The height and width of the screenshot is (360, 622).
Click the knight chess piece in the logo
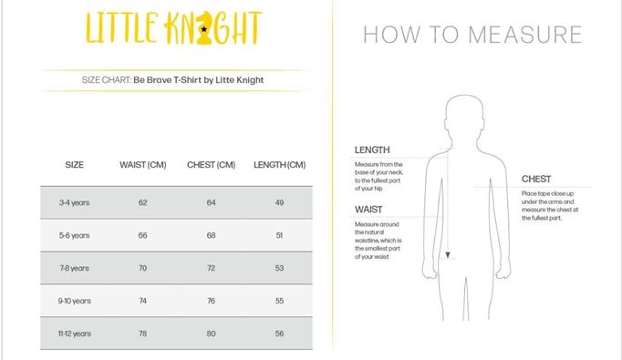coord(204,27)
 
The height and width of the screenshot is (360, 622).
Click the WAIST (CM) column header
coord(143,165)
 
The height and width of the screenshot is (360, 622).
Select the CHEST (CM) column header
coord(211,165)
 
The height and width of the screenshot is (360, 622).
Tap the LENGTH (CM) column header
coord(280,165)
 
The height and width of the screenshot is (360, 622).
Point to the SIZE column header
coord(74,165)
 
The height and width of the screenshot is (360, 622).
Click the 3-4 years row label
coord(74,202)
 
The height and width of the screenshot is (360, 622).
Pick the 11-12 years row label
coord(74,334)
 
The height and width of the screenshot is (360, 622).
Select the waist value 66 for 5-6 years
coord(143,235)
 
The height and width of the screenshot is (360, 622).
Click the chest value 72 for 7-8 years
coord(211,268)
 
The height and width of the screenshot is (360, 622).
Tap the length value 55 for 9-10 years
coord(280,301)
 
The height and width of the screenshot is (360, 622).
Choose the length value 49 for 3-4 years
coord(280,202)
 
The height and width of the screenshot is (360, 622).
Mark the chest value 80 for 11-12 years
coord(211,334)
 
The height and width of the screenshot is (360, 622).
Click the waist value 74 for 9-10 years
coord(143,301)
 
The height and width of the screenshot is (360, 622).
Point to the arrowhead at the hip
coord(448,255)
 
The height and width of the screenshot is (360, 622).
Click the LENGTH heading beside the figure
coord(372,149)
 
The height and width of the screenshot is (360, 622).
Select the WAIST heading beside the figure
coord(368,210)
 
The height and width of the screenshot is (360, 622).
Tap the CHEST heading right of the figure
coord(536,179)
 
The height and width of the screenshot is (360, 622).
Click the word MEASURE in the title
coord(525,35)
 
